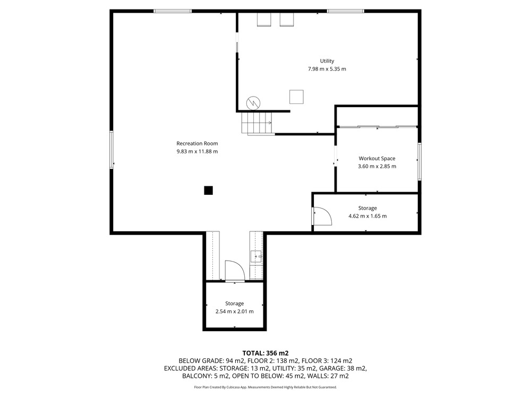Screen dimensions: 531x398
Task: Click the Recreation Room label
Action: tap(197, 143)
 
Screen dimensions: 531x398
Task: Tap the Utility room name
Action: tap(327, 61)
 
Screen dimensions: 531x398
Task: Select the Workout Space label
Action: tap(377, 158)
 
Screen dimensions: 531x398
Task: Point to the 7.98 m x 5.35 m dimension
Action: tap(327, 69)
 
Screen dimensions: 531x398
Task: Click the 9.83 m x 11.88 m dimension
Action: tap(197, 152)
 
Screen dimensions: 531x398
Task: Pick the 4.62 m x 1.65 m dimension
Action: tap(367, 216)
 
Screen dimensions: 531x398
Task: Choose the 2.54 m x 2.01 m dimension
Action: tap(234, 312)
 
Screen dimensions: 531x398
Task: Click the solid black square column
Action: tap(208, 191)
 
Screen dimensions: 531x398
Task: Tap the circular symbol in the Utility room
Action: tap(253, 103)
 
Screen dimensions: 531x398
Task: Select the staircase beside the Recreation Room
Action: tap(256, 123)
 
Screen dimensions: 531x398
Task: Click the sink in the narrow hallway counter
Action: tap(256, 257)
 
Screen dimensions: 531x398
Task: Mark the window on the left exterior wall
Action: tap(112, 150)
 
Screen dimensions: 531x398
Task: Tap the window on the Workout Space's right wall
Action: tap(419, 161)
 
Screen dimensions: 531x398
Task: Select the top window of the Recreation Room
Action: tap(173, 11)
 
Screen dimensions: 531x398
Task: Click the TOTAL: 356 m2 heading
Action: tap(265, 353)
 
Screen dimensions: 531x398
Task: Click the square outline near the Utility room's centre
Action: tap(296, 97)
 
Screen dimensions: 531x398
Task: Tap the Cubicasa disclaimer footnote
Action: tap(265, 387)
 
